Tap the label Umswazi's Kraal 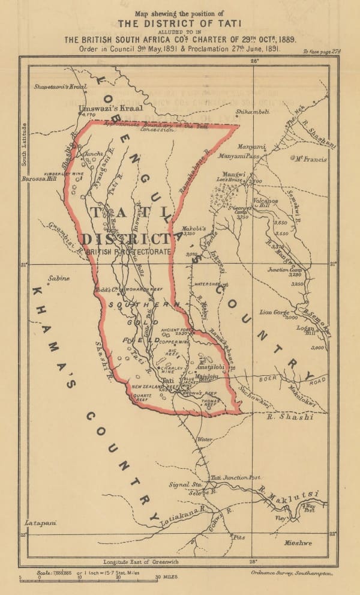coord(103,108)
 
